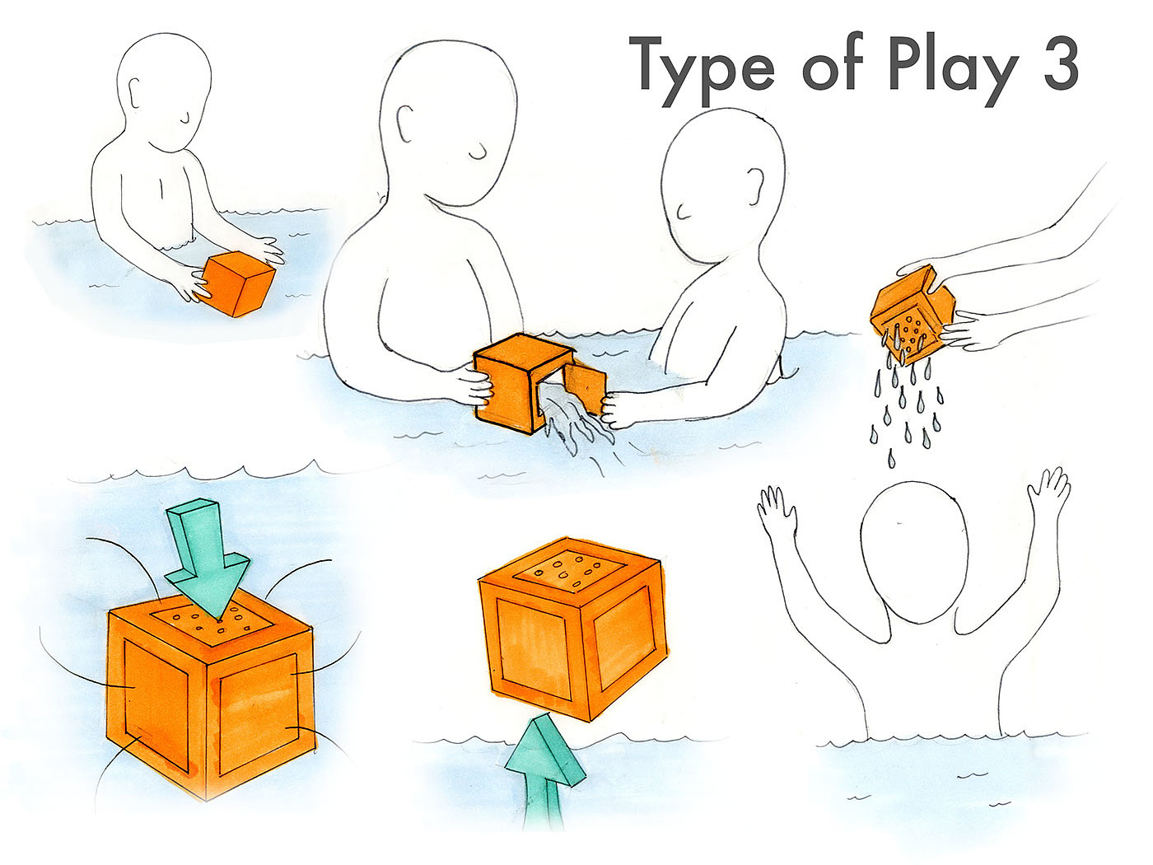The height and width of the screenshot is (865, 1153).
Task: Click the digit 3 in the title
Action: coord(1061,64)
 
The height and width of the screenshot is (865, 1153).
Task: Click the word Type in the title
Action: coord(701,72)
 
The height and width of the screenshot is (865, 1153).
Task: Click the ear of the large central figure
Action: coord(405,124)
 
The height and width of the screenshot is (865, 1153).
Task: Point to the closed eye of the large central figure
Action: coord(479,152)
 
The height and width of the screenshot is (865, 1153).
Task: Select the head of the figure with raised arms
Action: coord(914,551)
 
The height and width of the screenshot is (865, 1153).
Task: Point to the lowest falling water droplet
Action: coord(891,459)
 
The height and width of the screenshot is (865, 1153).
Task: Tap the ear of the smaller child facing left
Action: coord(755,185)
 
